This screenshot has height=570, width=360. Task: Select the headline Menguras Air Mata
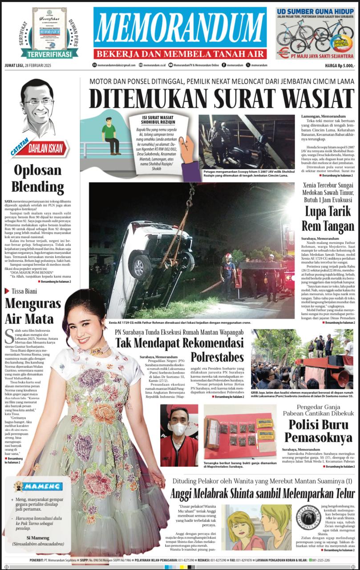tap(33, 312)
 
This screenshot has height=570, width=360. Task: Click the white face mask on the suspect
tap(180, 429)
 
